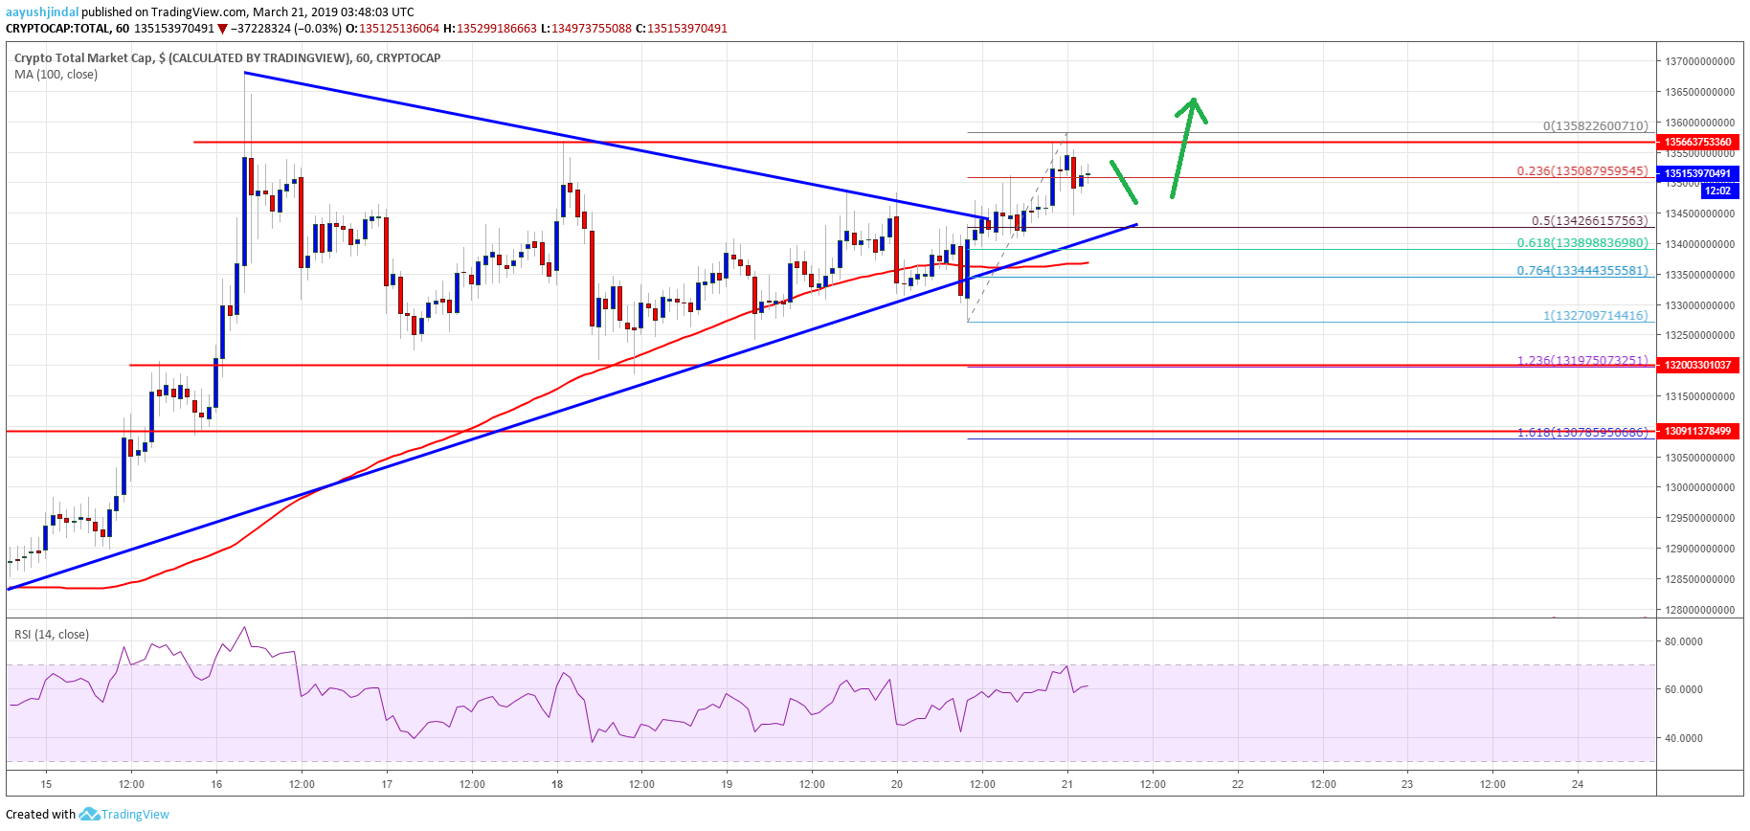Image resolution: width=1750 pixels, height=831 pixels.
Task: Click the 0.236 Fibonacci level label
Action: pos(1582,171)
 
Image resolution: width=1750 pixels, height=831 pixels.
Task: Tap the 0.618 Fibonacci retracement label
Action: pos(1582,243)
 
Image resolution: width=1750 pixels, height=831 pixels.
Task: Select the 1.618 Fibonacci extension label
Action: pos(1582,433)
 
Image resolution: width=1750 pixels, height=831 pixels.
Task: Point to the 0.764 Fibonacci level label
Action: pos(1582,271)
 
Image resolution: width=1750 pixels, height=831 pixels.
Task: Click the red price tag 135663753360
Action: pos(1697,142)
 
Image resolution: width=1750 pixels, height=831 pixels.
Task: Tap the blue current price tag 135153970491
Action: pos(1697,173)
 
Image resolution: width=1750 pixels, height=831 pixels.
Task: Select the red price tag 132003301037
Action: pos(1697,365)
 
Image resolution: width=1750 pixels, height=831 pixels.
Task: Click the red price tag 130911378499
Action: pos(1697,431)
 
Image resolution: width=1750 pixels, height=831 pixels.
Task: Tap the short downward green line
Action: pos(1124,182)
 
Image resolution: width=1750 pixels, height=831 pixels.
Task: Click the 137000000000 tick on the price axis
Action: pos(1699,61)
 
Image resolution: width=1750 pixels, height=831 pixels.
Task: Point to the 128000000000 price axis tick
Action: pos(1699,610)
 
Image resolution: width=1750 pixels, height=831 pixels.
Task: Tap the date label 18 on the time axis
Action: pos(557,784)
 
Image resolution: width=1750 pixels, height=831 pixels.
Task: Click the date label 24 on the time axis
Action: pos(1578,784)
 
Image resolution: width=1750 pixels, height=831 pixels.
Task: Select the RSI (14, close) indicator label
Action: pos(52,634)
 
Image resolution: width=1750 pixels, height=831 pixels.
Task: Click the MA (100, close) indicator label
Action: pos(56,75)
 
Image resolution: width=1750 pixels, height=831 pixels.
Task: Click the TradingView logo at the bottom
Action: pos(124,815)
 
